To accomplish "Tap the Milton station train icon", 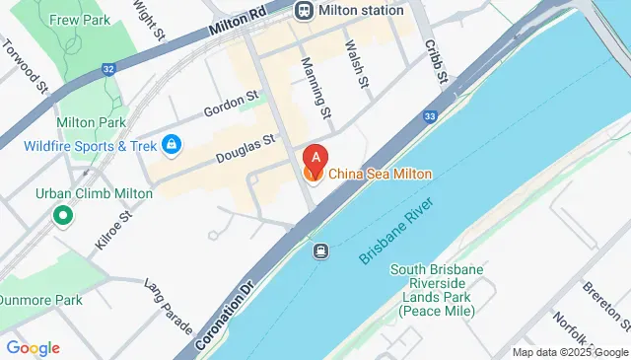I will point(303,10).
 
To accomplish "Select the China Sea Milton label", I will point(380,174).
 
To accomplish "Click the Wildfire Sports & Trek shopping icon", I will point(173,146).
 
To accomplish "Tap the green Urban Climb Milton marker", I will point(64,213).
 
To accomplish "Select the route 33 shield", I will point(430,116).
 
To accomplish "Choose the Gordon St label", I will point(230,102).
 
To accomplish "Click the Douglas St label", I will point(244,150).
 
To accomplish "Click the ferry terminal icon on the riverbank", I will point(320,252).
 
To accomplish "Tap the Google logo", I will point(33,347).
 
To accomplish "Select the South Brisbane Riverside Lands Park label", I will point(437,290).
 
